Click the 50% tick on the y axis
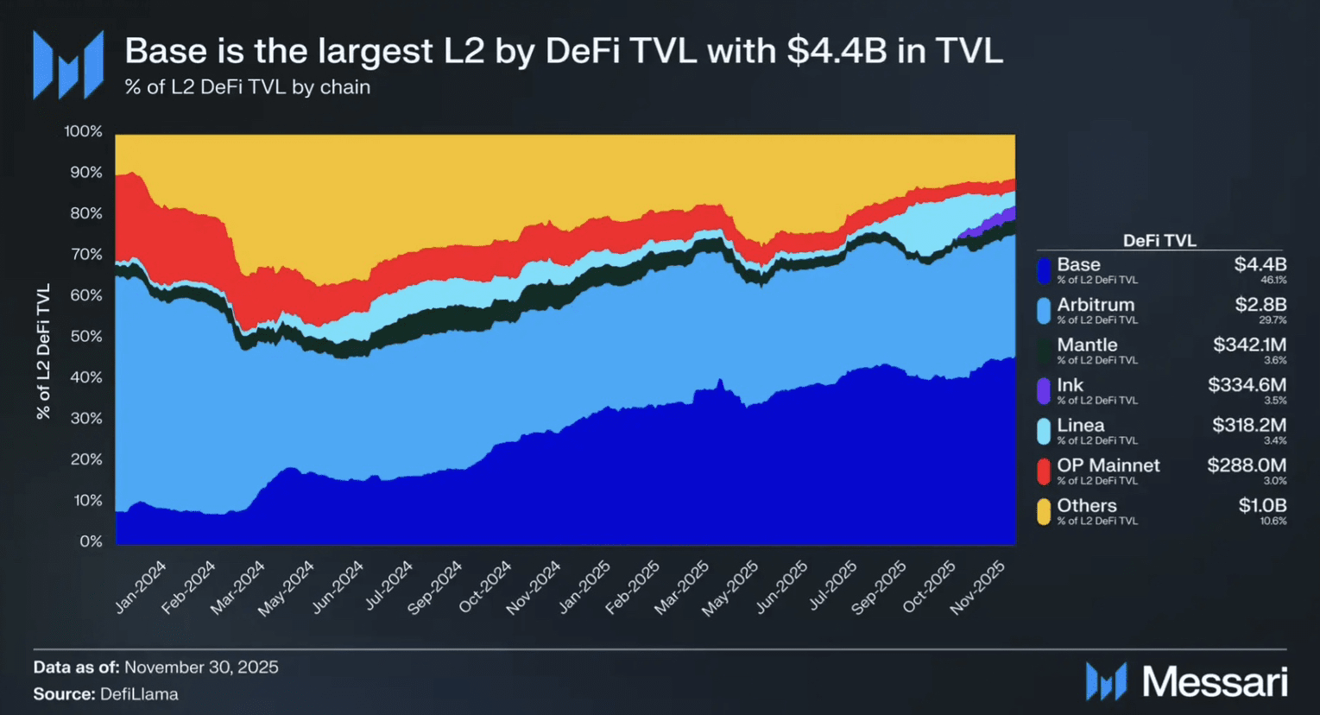[x=85, y=336]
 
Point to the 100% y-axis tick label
[x=83, y=131]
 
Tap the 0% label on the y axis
[x=91, y=541]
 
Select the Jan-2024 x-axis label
[x=140, y=586]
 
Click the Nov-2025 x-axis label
[x=978, y=587]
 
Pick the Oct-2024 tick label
[x=485, y=587]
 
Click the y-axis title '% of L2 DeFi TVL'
[x=43, y=351]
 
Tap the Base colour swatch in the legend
[x=1044, y=270]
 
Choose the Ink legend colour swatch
[x=1044, y=390]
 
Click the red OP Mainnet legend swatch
[x=1044, y=471]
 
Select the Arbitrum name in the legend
[x=1096, y=305]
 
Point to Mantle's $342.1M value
[x=1249, y=345]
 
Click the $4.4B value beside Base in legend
[x=1260, y=264]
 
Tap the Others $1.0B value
[x=1262, y=505]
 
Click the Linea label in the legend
[x=1080, y=425]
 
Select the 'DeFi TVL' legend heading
[x=1159, y=241]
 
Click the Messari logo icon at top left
[x=68, y=64]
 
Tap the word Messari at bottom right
[x=1215, y=682]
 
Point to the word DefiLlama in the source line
[x=139, y=694]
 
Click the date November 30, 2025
[x=201, y=667]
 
